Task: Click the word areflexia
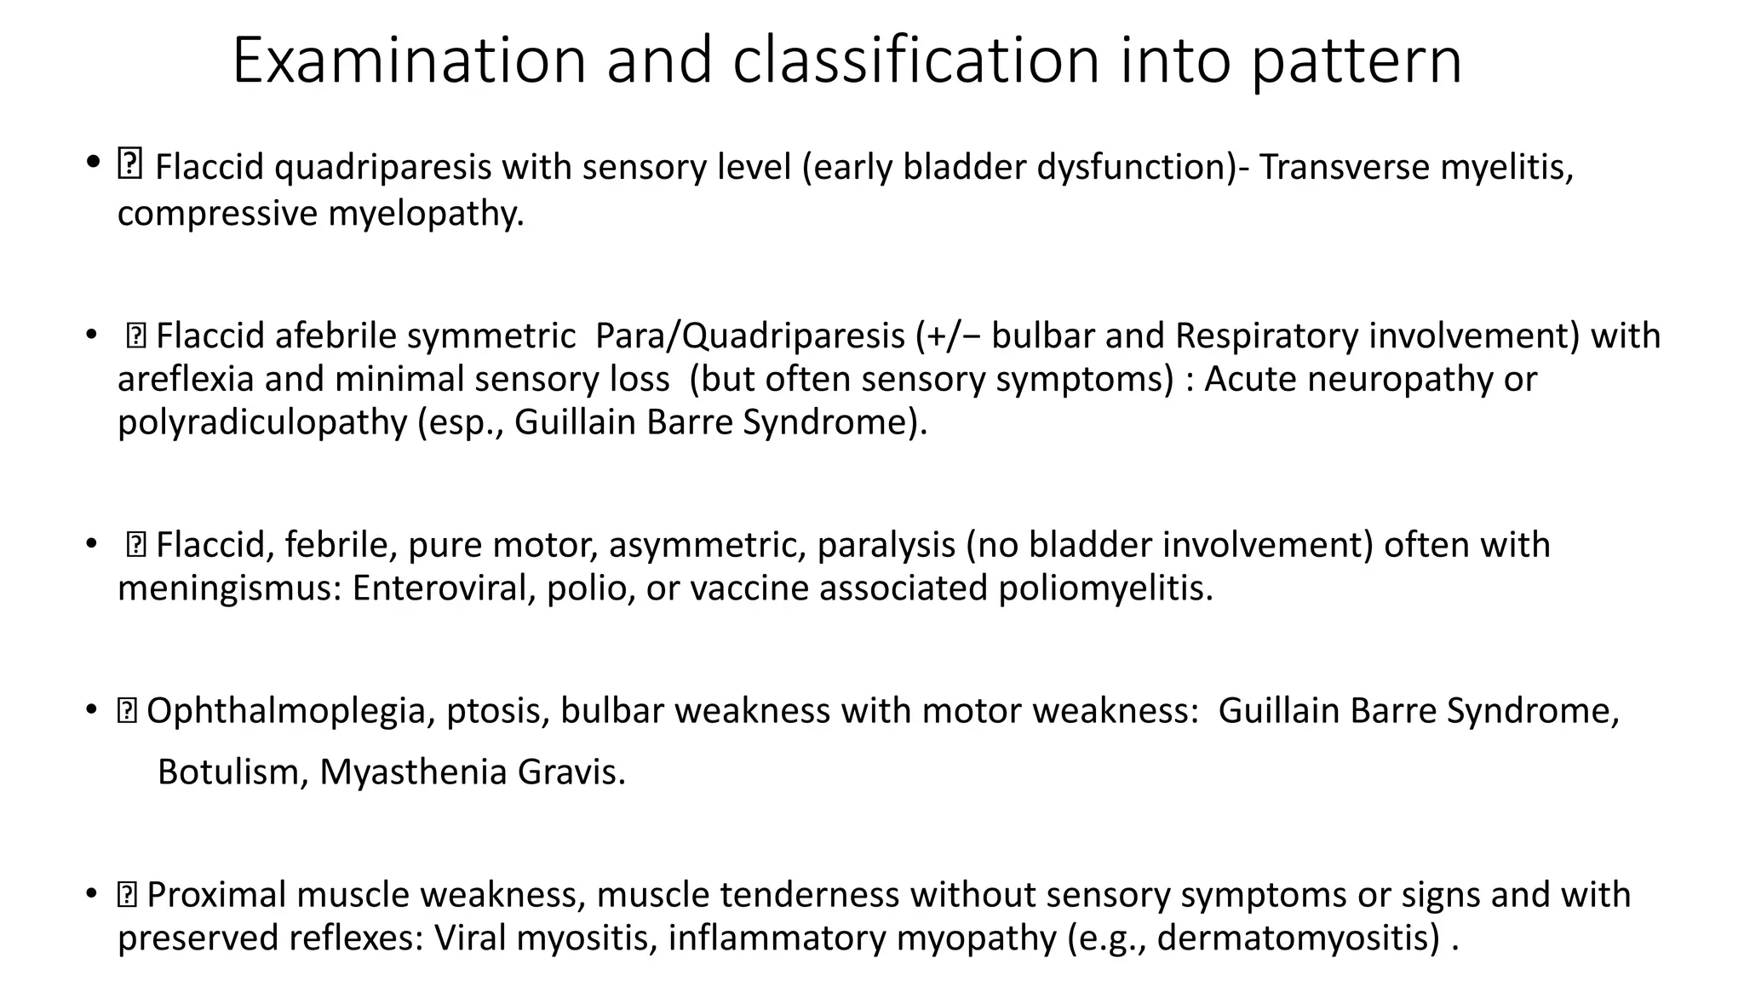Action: click(x=186, y=379)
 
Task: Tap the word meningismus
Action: click(x=229, y=588)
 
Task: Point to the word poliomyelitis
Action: click(x=1104, y=588)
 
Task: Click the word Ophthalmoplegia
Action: click(x=285, y=711)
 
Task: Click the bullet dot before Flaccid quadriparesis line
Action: click(x=92, y=162)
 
